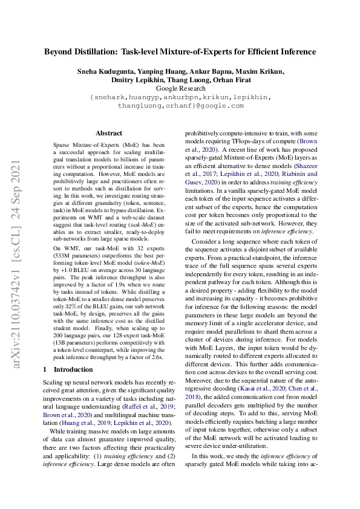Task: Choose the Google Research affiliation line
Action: pos(180,88)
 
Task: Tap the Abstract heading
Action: pos(108,133)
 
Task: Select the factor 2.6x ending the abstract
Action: pos(155,358)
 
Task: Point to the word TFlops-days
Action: pos(263,140)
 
